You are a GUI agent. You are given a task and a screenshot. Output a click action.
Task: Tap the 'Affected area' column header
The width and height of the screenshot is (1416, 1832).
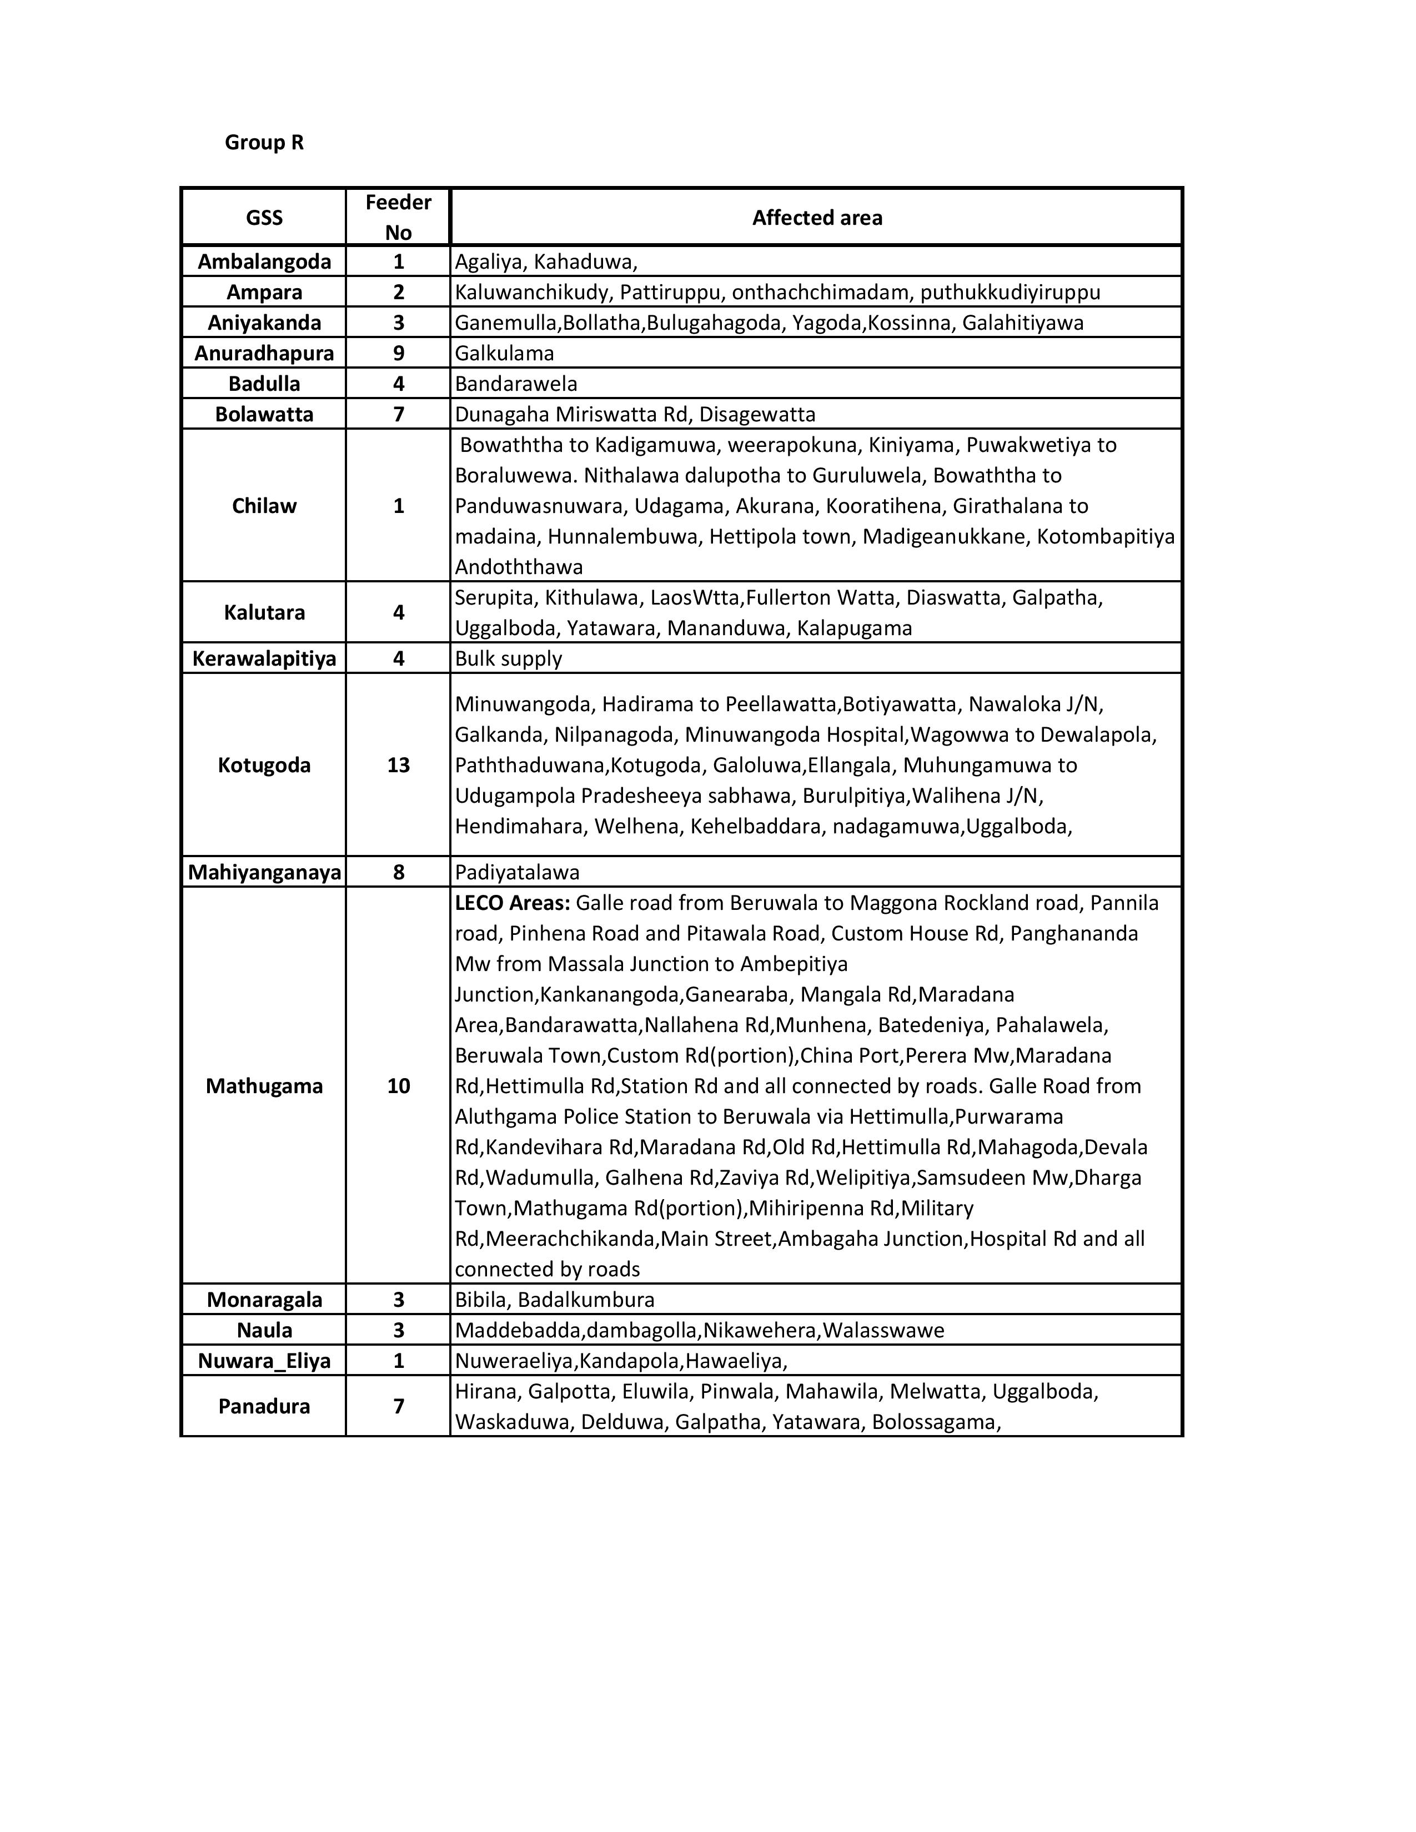[816, 218]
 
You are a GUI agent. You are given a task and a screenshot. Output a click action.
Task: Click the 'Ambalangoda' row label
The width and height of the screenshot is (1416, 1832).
[264, 261]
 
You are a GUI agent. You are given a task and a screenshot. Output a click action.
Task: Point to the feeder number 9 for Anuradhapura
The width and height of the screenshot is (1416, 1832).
[399, 353]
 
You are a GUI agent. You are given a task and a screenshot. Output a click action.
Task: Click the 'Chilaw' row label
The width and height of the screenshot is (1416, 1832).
[264, 506]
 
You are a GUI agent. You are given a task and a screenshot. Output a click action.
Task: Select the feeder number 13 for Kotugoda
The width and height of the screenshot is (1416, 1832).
[399, 765]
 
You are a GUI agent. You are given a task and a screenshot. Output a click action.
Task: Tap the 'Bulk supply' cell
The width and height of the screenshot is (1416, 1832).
[508, 658]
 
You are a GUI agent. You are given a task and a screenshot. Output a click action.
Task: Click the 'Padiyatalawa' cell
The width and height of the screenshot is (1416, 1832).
[517, 872]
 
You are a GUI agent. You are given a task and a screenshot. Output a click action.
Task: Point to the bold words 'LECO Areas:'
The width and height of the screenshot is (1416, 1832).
[512, 903]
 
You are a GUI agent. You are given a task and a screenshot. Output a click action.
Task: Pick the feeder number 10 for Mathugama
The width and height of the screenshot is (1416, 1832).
[399, 1086]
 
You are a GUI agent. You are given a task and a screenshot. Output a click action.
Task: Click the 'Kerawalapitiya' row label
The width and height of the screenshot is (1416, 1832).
[264, 658]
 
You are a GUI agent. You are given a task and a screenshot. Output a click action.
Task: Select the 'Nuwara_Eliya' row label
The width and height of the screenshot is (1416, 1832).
[264, 1361]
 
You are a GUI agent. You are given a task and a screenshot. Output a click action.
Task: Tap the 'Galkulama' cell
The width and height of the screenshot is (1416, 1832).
[504, 353]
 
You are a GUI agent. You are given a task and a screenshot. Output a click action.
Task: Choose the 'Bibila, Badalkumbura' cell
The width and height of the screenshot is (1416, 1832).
[555, 1300]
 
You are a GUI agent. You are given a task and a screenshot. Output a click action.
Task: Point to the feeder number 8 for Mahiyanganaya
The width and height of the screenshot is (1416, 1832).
[399, 872]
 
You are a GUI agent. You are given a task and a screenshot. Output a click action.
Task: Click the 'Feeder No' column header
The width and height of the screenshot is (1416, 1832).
[399, 217]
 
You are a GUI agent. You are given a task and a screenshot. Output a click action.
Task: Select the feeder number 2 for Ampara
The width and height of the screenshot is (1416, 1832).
[399, 292]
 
